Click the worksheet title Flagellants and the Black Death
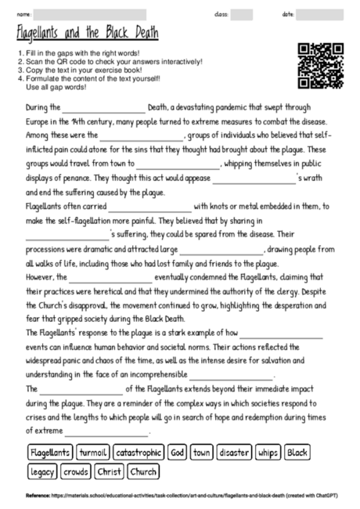click(87, 34)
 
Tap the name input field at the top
click(90, 15)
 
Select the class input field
click(241, 15)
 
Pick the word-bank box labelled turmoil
click(92, 453)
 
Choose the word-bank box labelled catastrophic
click(138, 453)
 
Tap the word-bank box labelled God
click(177, 453)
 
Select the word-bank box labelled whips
click(267, 453)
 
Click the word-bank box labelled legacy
click(42, 471)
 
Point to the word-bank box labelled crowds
click(76, 471)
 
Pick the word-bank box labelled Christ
click(109, 471)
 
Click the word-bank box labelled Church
click(143, 471)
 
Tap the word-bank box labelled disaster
click(233, 453)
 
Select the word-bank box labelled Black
click(297, 453)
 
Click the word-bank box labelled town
click(202, 453)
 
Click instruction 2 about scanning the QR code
click(110, 60)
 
